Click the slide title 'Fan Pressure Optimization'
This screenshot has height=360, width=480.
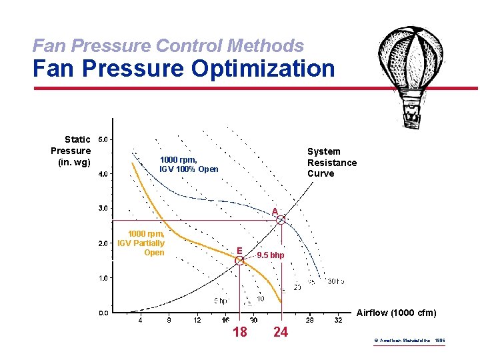pos(184,68)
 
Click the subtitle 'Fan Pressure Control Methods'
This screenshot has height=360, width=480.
pos(168,45)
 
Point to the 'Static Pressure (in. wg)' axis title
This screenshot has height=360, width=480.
pos(71,151)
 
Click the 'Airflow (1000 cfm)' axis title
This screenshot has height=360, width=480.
pos(397,313)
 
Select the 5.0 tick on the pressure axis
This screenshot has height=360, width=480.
pos(105,140)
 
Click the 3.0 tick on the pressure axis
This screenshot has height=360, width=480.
pos(105,209)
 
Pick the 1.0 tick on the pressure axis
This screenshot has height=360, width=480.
pos(105,278)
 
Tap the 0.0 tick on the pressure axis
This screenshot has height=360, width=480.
pos(105,313)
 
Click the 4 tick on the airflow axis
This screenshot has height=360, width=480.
pos(140,320)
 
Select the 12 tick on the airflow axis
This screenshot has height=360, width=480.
pos(197,320)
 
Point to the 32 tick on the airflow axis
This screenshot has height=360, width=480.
pos(338,320)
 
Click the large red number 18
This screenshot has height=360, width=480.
pos(239,332)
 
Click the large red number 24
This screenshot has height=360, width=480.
pos(281,332)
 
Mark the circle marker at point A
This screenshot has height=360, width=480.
pos(281,219)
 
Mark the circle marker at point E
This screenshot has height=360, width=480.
pos(239,261)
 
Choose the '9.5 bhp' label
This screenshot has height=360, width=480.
pos(271,255)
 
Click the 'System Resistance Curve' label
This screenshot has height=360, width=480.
pos(331,162)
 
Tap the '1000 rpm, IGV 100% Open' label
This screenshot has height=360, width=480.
pos(189,164)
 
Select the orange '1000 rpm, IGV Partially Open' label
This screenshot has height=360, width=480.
pos(141,243)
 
